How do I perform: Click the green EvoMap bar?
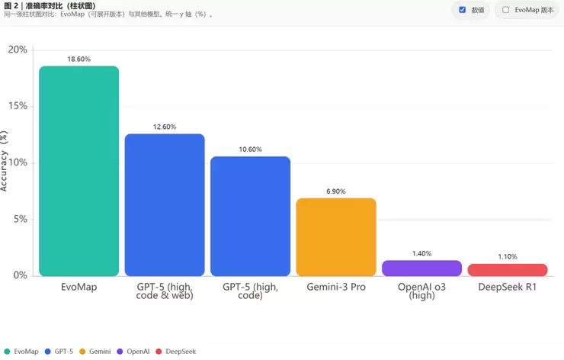pyautogui.click(x=79, y=171)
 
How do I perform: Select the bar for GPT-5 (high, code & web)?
pyautogui.click(x=165, y=204)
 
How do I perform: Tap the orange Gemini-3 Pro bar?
pyautogui.click(x=336, y=236)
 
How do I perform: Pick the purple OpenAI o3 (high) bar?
pyautogui.click(x=421, y=268)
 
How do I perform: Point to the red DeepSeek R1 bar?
pyautogui.click(x=507, y=269)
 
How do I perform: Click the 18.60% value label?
pyautogui.click(x=79, y=58)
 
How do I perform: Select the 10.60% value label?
pyautogui.click(x=250, y=149)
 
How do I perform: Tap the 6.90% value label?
pyautogui.click(x=336, y=191)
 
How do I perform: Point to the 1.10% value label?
pyautogui.click(x=507, y=256)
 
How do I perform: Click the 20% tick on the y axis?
pyautogui.click(x=18, y=50)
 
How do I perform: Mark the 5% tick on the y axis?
pyautogui.click(x=20, y=219)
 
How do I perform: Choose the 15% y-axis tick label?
pyautogui.click(x=18, y=106)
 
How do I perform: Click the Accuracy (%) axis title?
pyautogui.click(x=5, y=162)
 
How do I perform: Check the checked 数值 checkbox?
pyautogui.click(x=463, y=10)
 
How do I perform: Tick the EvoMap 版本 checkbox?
pyautogui.click(x=505, y=10)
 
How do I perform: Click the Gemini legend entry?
pyautogui.click(x=95, y=351)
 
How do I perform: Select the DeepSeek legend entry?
pyautogui.click(x=177, y=351)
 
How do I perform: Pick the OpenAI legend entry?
pyautogui.click(x=134, y=351)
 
